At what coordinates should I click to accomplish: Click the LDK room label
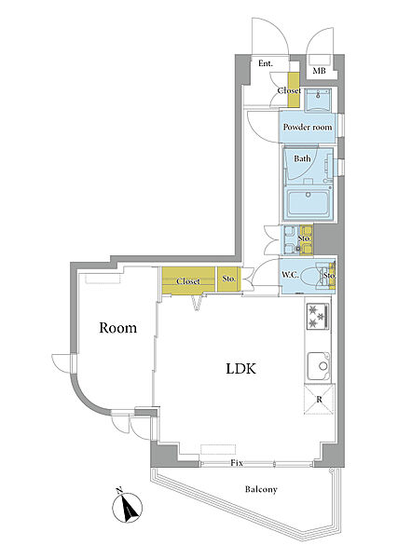(x=241, y=368)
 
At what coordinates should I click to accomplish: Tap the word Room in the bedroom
(x=117, y=328)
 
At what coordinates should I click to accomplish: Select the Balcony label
(x=261, y=489)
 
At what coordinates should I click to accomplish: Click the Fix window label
(x=237, y=463)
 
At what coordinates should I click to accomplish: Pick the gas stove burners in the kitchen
(x=318, y=316)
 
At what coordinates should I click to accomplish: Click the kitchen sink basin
(x=319, y=366)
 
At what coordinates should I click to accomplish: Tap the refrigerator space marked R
(x=319, y=400)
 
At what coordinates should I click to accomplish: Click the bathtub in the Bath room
(x=309, y=203)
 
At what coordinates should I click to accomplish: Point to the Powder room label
(x=308, y=128)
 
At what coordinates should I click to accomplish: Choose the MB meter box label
(x=319, y=71)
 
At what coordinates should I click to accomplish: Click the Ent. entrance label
(x=266, y=63)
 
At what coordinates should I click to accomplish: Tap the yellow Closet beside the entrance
(x=294, y=89)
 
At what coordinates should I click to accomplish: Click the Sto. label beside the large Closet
(x=229, y=279)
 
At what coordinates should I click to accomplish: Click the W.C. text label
(x=290, y=275)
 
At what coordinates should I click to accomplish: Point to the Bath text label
(x=302, y=158)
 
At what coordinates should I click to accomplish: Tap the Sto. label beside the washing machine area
(x=304, y=238)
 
